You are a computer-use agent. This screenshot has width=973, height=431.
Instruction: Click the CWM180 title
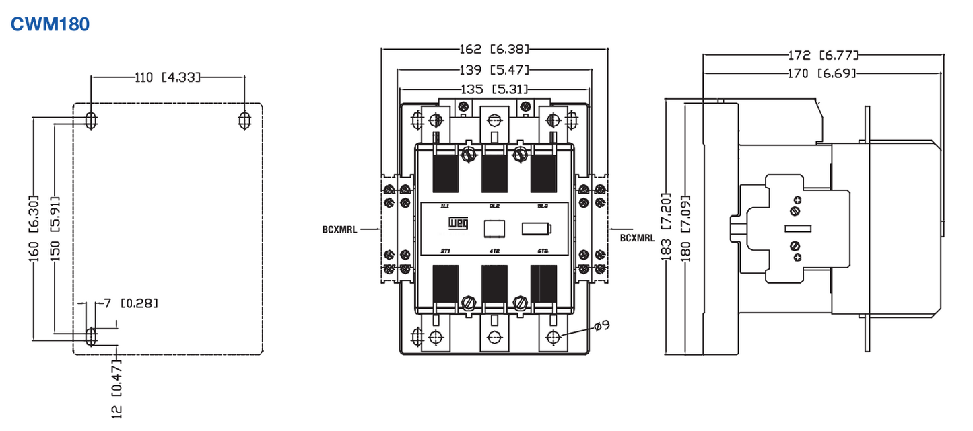pos(50,24)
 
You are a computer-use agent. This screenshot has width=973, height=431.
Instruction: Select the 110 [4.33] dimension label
pos(168,77)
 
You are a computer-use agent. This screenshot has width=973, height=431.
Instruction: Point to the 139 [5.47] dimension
pos(495,69)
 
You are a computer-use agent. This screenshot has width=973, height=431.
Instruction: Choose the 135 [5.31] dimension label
pos(494,89)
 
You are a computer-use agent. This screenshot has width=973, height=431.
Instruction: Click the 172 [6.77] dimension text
pos(823,55)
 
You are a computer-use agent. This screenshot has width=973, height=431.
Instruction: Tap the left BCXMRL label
pos(341,229)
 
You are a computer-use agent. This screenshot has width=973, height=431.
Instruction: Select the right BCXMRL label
pos(637,237)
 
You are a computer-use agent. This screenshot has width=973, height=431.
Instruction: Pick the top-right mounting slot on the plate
pos(245,120)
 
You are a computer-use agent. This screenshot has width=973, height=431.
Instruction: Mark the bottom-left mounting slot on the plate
pos(91,335)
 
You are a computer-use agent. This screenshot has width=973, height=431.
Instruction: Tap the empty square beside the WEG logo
pos(494,229)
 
